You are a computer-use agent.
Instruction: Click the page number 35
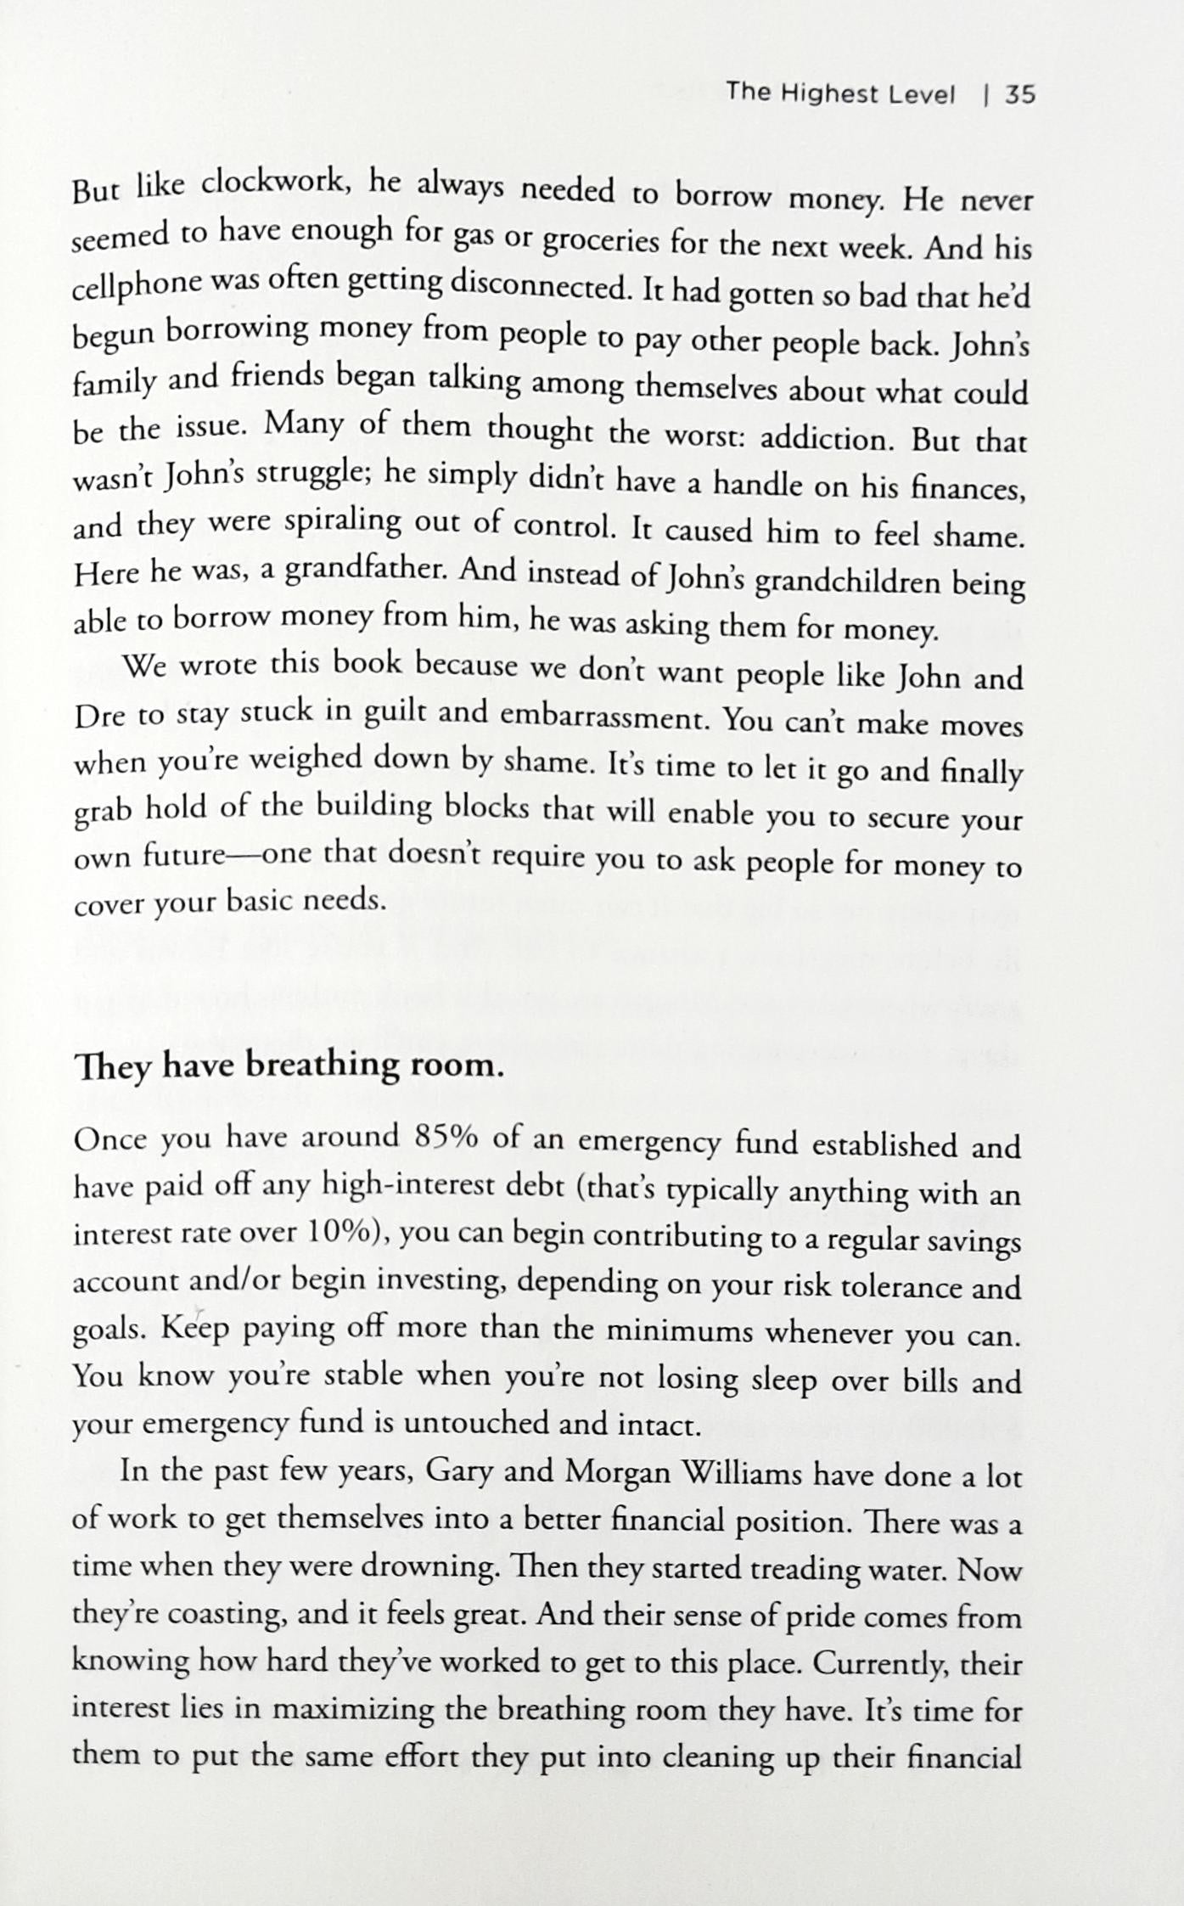point(1020,95)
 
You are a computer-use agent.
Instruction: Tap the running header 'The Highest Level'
point(840,93)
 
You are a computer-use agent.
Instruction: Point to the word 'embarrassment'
point(603,717)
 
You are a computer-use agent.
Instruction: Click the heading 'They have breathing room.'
point(289,1065)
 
